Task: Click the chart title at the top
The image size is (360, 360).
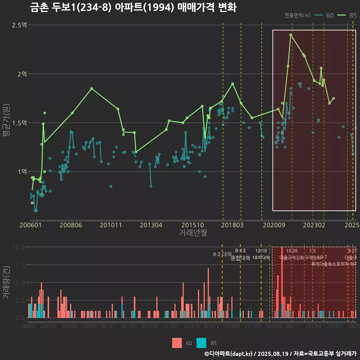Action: click(x=133, y=7)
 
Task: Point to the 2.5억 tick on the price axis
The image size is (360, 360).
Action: click(x=19, y=25)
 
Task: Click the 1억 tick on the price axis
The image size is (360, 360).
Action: click(x=22, y=171)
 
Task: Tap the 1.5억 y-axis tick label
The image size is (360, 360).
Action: click(x=19, y=123)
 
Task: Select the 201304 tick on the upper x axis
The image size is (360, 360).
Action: click(x=151, y=225)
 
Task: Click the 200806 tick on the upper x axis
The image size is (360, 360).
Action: click(x=71, y=225)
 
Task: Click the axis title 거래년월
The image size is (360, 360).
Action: click(x=193, y=233)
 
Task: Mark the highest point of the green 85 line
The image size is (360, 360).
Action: click(x=291, y=35)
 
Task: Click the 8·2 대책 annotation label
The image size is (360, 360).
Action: click(x=222, y=254)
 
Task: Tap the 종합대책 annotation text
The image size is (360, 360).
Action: click(x=240, y=258)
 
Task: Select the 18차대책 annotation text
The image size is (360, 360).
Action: click(x=261, y=258)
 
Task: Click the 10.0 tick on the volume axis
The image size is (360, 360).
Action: click(x=18, y=247)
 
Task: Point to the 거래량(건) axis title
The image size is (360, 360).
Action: click(x=6, y=282)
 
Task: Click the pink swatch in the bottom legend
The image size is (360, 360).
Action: click(x=177, y=343)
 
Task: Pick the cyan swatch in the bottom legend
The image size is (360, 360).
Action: click(x=201, y=343)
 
